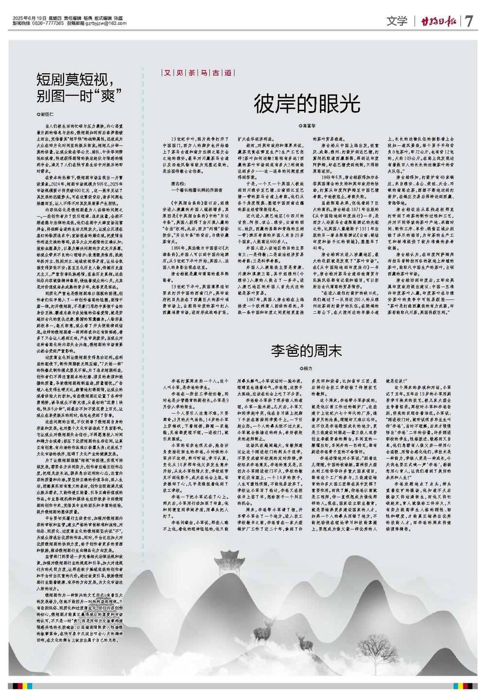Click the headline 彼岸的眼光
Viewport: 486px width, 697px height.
(307, 103)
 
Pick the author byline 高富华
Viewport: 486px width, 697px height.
(307, 126)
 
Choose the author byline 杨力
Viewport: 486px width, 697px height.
(306, 369)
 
